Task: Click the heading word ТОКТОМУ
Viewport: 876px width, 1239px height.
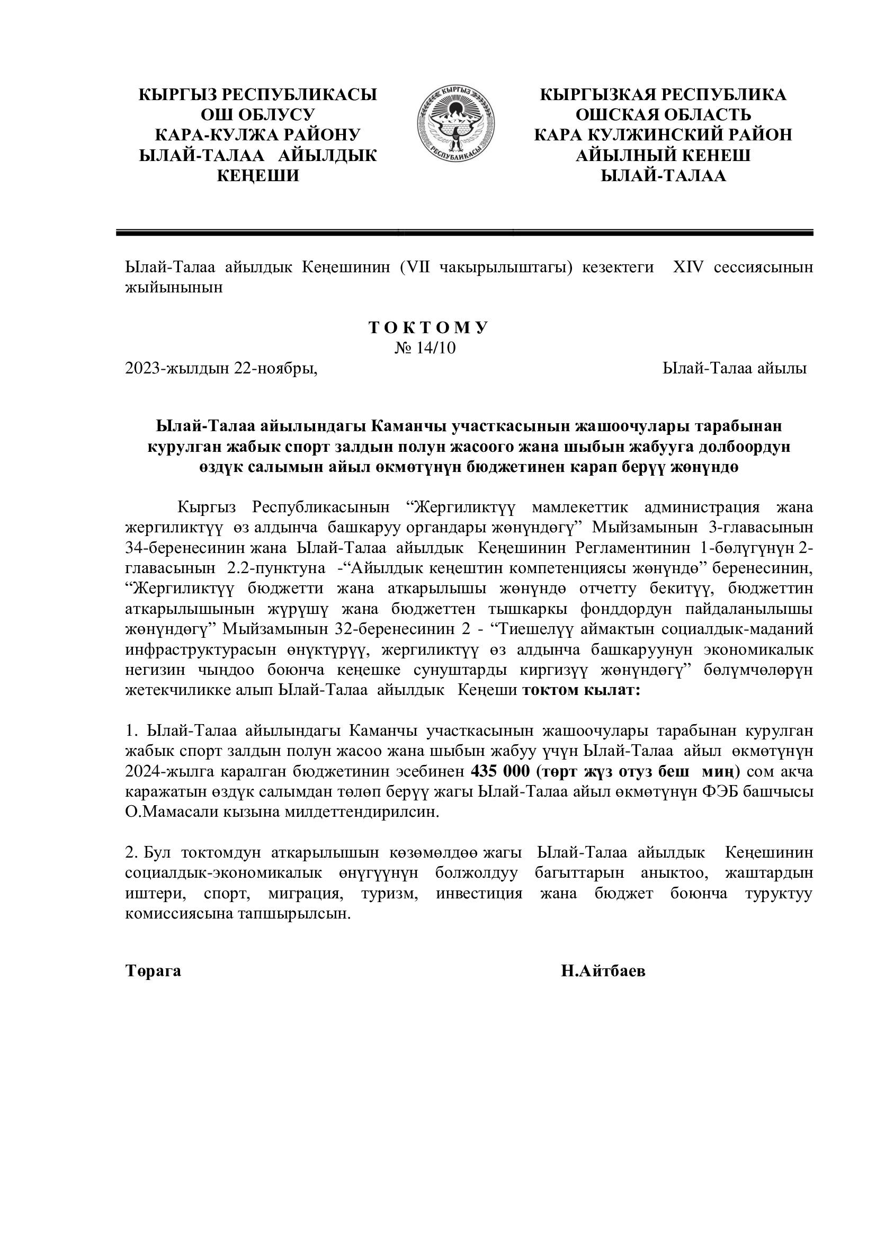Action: [x=428, y=328]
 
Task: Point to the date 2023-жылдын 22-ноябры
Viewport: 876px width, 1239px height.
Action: [x=221, y=369]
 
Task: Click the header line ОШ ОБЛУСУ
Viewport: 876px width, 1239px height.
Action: [x=257, y=115]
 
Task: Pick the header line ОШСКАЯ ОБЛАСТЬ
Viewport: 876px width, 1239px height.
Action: [x=663, y=115]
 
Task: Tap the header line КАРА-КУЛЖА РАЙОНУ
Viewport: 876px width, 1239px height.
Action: [x=257, y=135]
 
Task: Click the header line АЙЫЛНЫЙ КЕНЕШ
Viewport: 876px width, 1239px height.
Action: [x=663, y=155]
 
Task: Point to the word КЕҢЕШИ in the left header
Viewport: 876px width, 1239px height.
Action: [x=257, y=176]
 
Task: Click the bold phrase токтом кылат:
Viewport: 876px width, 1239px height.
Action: [x=581, y=691]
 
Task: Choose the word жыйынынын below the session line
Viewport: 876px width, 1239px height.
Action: [x=174, y=288]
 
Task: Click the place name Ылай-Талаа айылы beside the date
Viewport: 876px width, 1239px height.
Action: [x=734, y=369]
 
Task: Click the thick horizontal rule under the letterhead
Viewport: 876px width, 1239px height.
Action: [x=464, y=233]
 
